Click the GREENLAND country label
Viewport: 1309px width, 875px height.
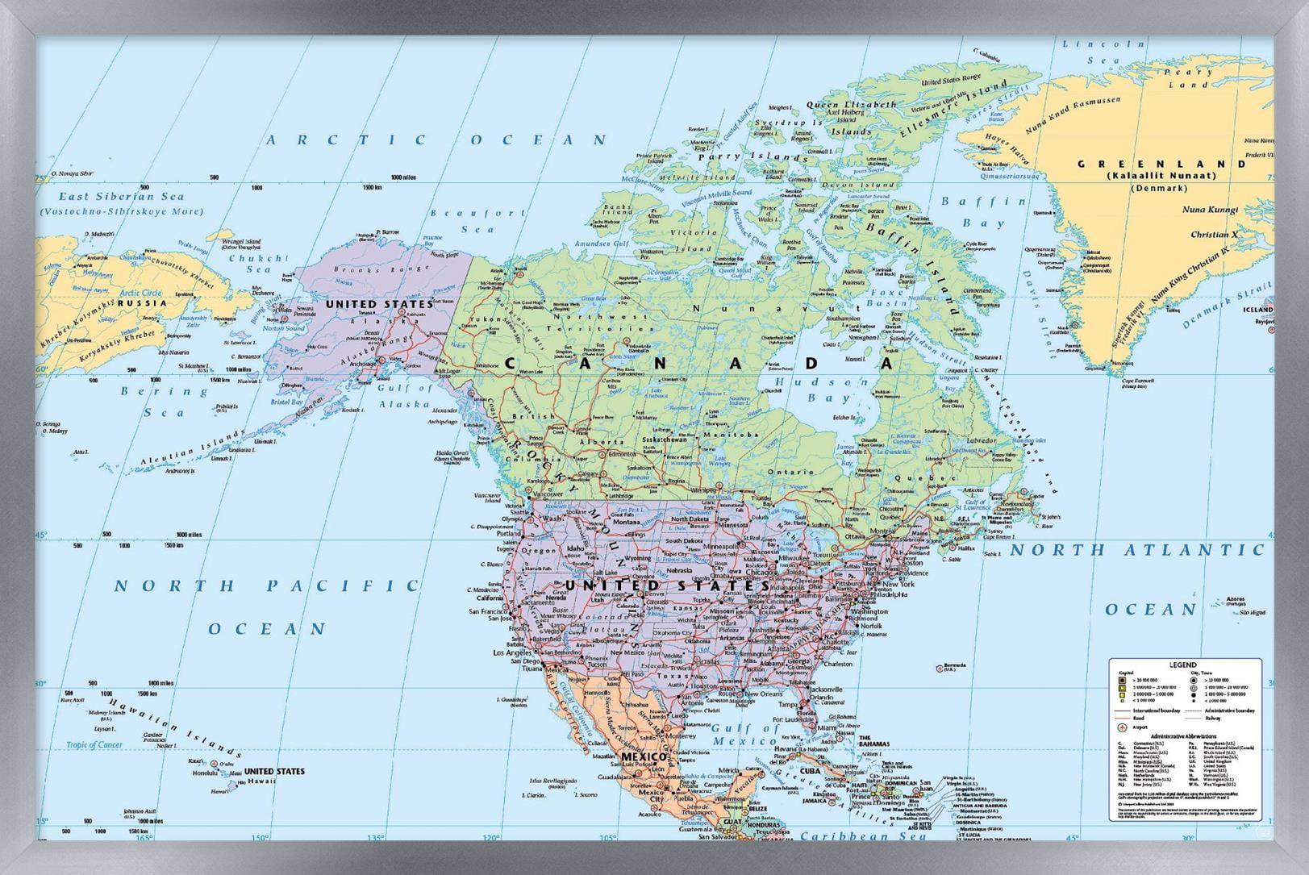[1161, 164]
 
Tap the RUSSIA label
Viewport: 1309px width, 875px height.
[142, 303]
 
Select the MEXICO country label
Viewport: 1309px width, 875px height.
[643, 757]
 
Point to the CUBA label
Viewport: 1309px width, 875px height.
[809, 770]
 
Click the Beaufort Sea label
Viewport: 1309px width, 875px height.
[477, 221]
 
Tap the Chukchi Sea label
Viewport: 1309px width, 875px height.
[257, 264]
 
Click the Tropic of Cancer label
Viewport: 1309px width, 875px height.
[94, 744]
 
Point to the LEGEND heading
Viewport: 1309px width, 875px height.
[1182, 665]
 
